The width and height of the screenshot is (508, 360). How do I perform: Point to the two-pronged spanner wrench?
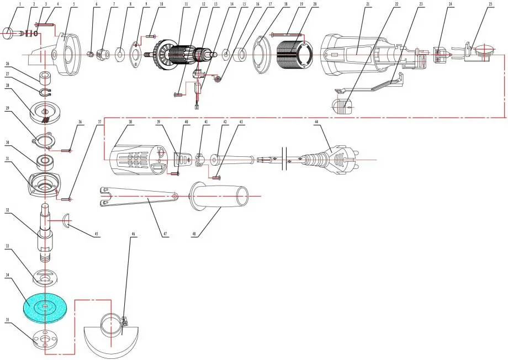point(138,198)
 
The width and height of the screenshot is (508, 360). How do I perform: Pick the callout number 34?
point(7,274)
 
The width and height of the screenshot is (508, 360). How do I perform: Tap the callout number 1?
point(7,4)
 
